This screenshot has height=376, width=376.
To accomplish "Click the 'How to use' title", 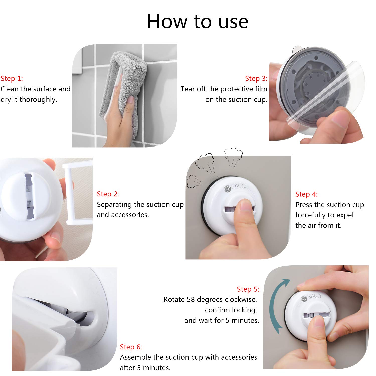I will (198, 22).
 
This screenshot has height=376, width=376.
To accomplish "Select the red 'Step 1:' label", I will (12, 79).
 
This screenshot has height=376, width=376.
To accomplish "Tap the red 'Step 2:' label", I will (108, 194).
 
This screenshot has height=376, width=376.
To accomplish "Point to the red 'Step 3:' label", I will (256, 79).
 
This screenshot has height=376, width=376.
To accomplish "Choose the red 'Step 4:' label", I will (306, 194).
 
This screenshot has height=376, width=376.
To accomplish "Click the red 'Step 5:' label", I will (248, 289).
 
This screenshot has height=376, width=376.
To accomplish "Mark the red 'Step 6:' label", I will (131, 347).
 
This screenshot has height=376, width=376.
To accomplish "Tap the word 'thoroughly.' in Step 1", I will (38, 100).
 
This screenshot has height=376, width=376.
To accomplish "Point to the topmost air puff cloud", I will (233, 153).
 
